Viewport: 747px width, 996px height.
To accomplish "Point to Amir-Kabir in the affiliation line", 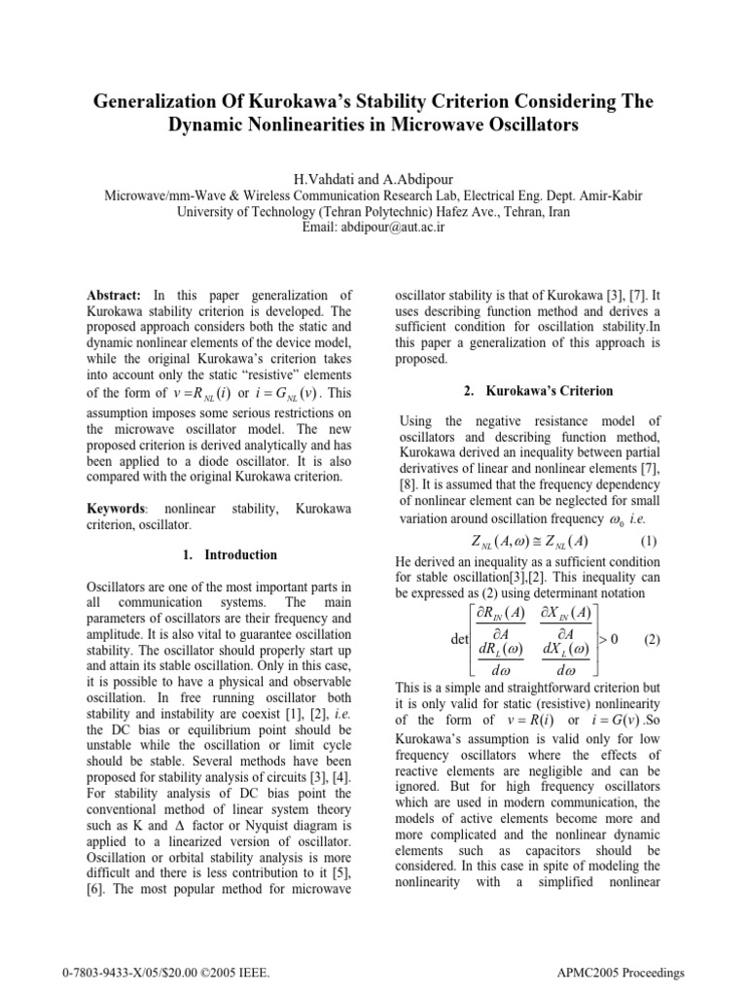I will tap(607, 195).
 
